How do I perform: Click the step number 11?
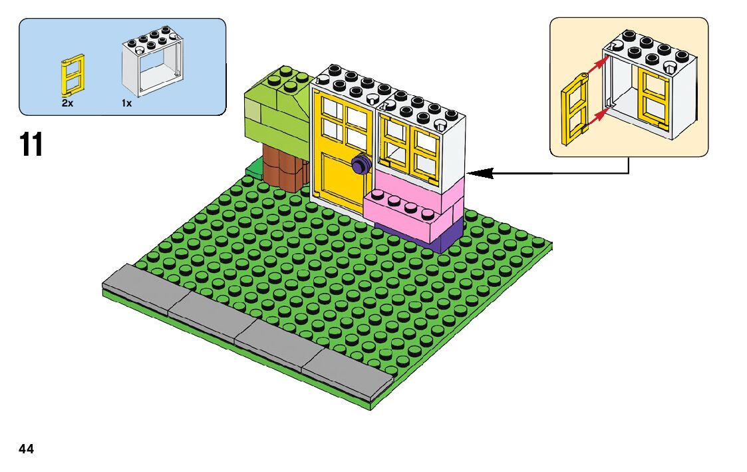point(31,144)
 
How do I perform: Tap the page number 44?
point(26,449)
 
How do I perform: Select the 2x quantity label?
point(67,103)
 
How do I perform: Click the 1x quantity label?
point(126,103)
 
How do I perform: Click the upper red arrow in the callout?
point(597,65)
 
